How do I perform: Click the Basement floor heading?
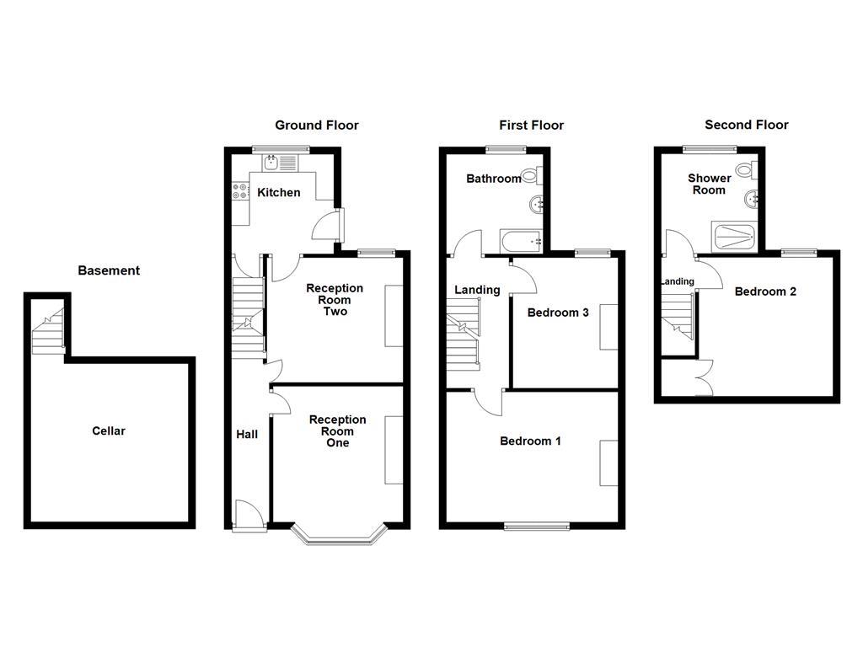(x=109, y=270)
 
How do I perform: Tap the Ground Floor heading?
(x=317, y=125)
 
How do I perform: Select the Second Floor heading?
(x=746, y=125)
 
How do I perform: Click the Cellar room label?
(x=109, y=430)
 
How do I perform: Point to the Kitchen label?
(x=278, y=192)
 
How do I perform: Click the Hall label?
(x=247, y=434)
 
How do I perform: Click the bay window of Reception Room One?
(x=339, y=535)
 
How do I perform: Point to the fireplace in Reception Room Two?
(x=394, y=316)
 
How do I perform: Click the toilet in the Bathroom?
(x=531, y=176)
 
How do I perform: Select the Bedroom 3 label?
(x=558, y=313)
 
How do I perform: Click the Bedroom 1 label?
(x=530, y=441)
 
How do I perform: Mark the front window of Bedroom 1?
(x=537, y=526)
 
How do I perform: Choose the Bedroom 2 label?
(x=765, y=291)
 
